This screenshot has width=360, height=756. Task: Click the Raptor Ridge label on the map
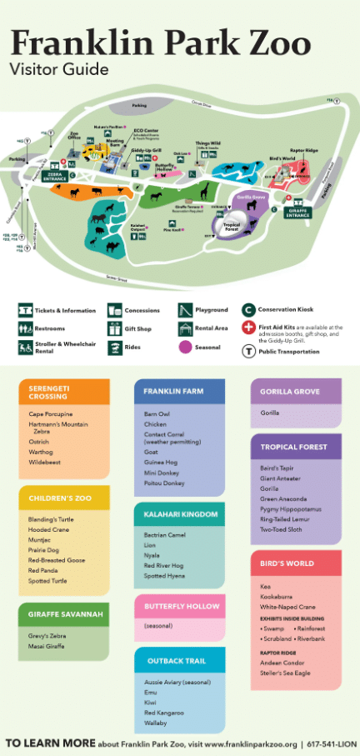pyautogui.click(x=304, y=151)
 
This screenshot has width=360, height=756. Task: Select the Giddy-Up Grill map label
pyautogui.click(x=145, y=152)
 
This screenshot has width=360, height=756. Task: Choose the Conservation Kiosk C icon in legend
pyautogui.click(x=248, y=309)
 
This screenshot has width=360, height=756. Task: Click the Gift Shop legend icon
pyautogui.click(x=114, y=328)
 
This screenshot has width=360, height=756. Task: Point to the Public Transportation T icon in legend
pyautogui.click(x=248, y=351)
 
